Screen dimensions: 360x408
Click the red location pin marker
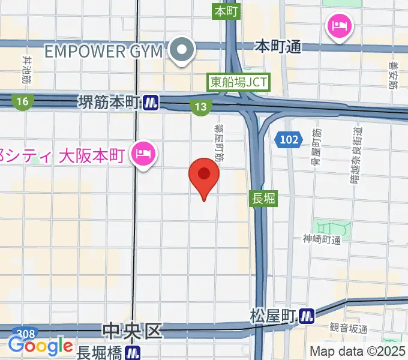point(204,175)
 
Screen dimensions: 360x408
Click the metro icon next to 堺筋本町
point(151,103)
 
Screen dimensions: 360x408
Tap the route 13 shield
point(201,107)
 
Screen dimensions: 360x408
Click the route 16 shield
point(22,102)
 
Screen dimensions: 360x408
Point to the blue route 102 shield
point(289,140)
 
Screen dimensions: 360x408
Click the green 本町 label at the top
point(226,11)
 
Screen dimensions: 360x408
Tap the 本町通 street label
point(278,46)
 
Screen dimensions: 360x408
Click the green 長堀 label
point(262,198)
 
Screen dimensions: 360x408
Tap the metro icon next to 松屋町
point(307,315)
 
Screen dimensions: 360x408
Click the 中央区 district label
point(132,331)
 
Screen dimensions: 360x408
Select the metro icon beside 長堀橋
point(133,352)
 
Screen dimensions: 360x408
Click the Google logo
point(40,346)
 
